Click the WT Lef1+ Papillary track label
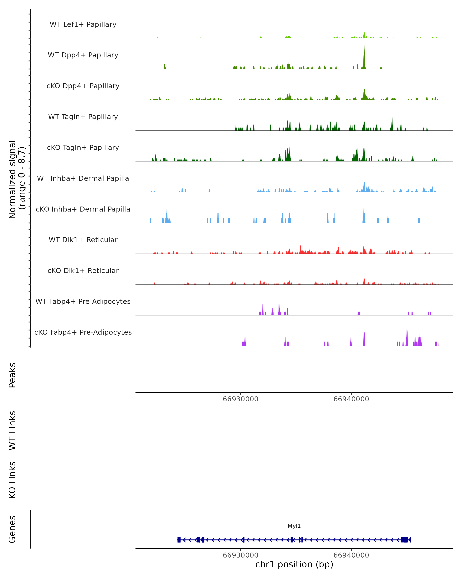83,24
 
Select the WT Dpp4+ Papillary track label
83,55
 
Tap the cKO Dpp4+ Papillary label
83,86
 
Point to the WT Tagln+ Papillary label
83,117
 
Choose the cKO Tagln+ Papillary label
83,148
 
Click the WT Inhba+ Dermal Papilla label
83,179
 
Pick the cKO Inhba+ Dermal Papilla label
83,209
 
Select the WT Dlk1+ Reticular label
83,240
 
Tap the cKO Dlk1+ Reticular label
83,271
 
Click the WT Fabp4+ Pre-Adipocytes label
83,302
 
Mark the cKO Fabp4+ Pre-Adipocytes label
83,332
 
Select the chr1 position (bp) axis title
294,565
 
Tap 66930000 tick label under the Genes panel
240,555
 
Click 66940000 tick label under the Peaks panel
351,399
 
